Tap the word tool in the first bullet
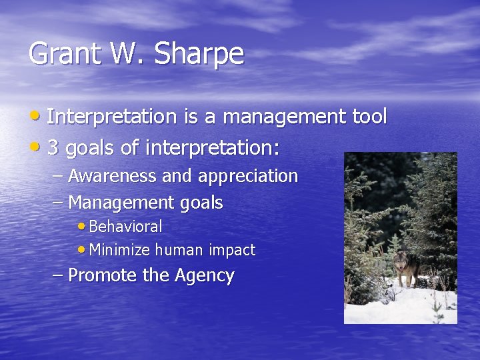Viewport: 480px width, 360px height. coord(369,117)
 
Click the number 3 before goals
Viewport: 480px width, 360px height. coord(53,148)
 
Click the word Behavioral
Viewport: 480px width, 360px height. coord(125,227)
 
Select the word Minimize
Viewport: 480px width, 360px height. coord(119,251)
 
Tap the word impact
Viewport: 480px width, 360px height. coord(231,251)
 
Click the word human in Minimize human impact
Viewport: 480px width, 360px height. coord(179,251)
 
